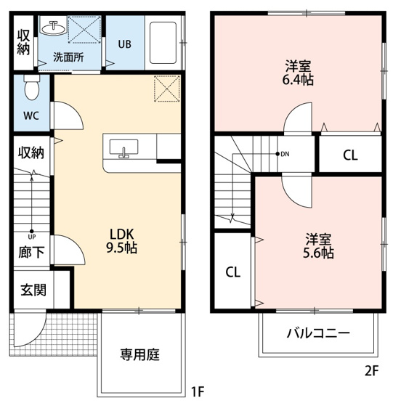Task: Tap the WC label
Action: [31, 115]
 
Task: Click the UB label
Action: [125, 44]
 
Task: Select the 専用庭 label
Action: [139, 355]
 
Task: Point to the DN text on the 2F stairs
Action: [285, 154]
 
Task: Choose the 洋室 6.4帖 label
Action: [299, 72]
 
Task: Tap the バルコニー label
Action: [318, 333]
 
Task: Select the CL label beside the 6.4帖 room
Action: [350, 155]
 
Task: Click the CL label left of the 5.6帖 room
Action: [232, 272]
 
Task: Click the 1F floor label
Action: [196, 393]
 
